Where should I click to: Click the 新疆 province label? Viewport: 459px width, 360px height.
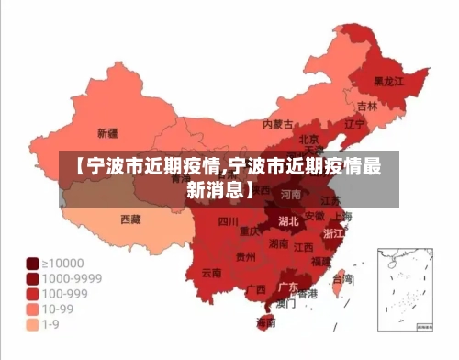107,133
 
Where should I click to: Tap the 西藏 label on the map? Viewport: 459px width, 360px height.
131,219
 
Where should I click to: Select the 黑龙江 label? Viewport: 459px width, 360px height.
387,82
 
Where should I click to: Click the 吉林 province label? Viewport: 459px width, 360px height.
367,107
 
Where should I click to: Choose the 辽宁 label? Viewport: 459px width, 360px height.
354,123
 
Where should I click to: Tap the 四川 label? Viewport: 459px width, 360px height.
228,221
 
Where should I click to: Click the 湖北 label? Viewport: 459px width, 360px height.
287,221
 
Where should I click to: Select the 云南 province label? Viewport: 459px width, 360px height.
211,273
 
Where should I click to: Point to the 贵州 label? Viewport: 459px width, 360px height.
245,256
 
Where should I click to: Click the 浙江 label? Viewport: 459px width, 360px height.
334,234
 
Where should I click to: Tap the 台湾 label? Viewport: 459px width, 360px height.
342,277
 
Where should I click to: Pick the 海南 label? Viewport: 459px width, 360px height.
265,322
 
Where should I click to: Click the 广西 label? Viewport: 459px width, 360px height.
256,289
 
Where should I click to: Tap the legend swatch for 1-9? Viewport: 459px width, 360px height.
32,324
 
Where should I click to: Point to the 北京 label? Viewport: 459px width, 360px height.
308,140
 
